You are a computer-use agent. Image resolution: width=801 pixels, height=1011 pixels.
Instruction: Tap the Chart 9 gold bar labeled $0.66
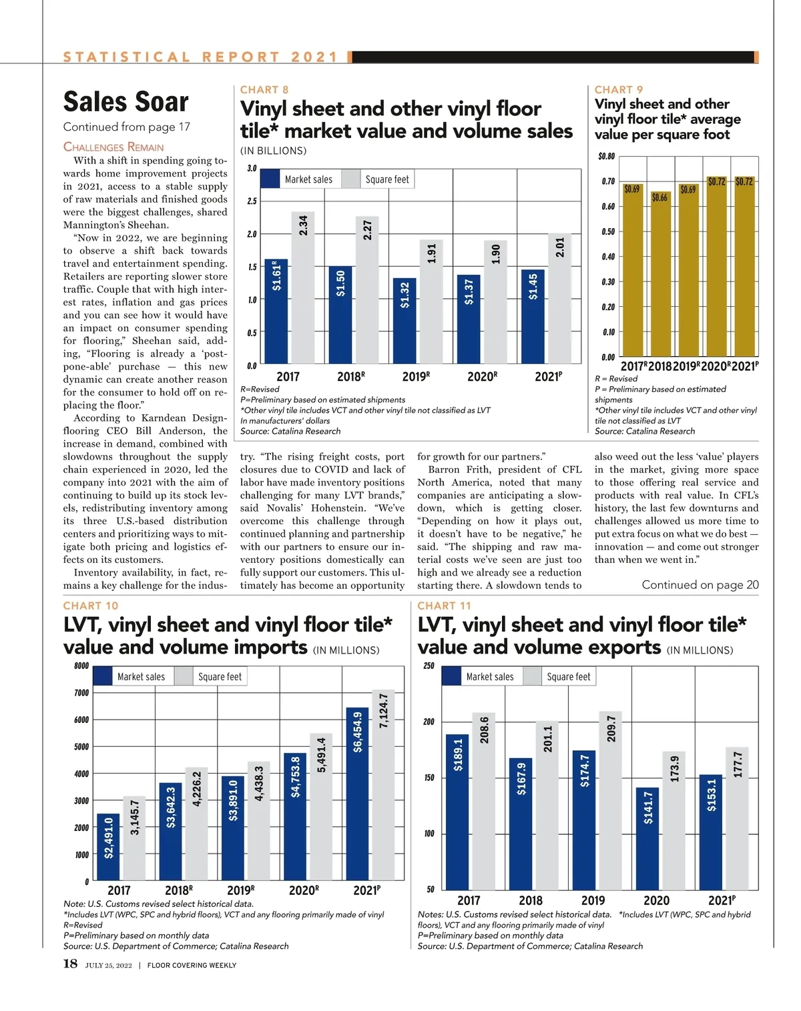[659, 273]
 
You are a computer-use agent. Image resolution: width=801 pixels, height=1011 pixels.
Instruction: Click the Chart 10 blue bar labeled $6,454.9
[358, 794]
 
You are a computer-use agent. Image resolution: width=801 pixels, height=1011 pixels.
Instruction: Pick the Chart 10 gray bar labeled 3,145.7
[135, 838]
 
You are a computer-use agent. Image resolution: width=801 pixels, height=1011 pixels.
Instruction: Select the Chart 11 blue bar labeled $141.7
[647, 838]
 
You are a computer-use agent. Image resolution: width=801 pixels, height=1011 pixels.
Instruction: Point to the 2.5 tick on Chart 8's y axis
[252, 201]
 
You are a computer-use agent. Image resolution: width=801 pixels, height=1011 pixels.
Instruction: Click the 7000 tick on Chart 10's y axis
[81, 693]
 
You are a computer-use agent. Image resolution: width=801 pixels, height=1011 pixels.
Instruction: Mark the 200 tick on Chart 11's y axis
[429, 722]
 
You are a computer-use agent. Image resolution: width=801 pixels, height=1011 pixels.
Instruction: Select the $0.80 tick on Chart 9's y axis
[606, 157]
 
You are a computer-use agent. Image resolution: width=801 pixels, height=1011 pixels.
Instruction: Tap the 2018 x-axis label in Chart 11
[531, 900]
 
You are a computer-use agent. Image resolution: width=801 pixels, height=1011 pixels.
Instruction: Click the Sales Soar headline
[126, 102]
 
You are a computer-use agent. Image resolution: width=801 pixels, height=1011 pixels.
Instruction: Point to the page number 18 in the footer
[70, 964]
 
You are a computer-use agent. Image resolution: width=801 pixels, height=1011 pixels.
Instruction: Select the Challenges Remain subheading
[113, 147]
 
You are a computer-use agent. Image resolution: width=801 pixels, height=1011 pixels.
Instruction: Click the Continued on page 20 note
[700, 585]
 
